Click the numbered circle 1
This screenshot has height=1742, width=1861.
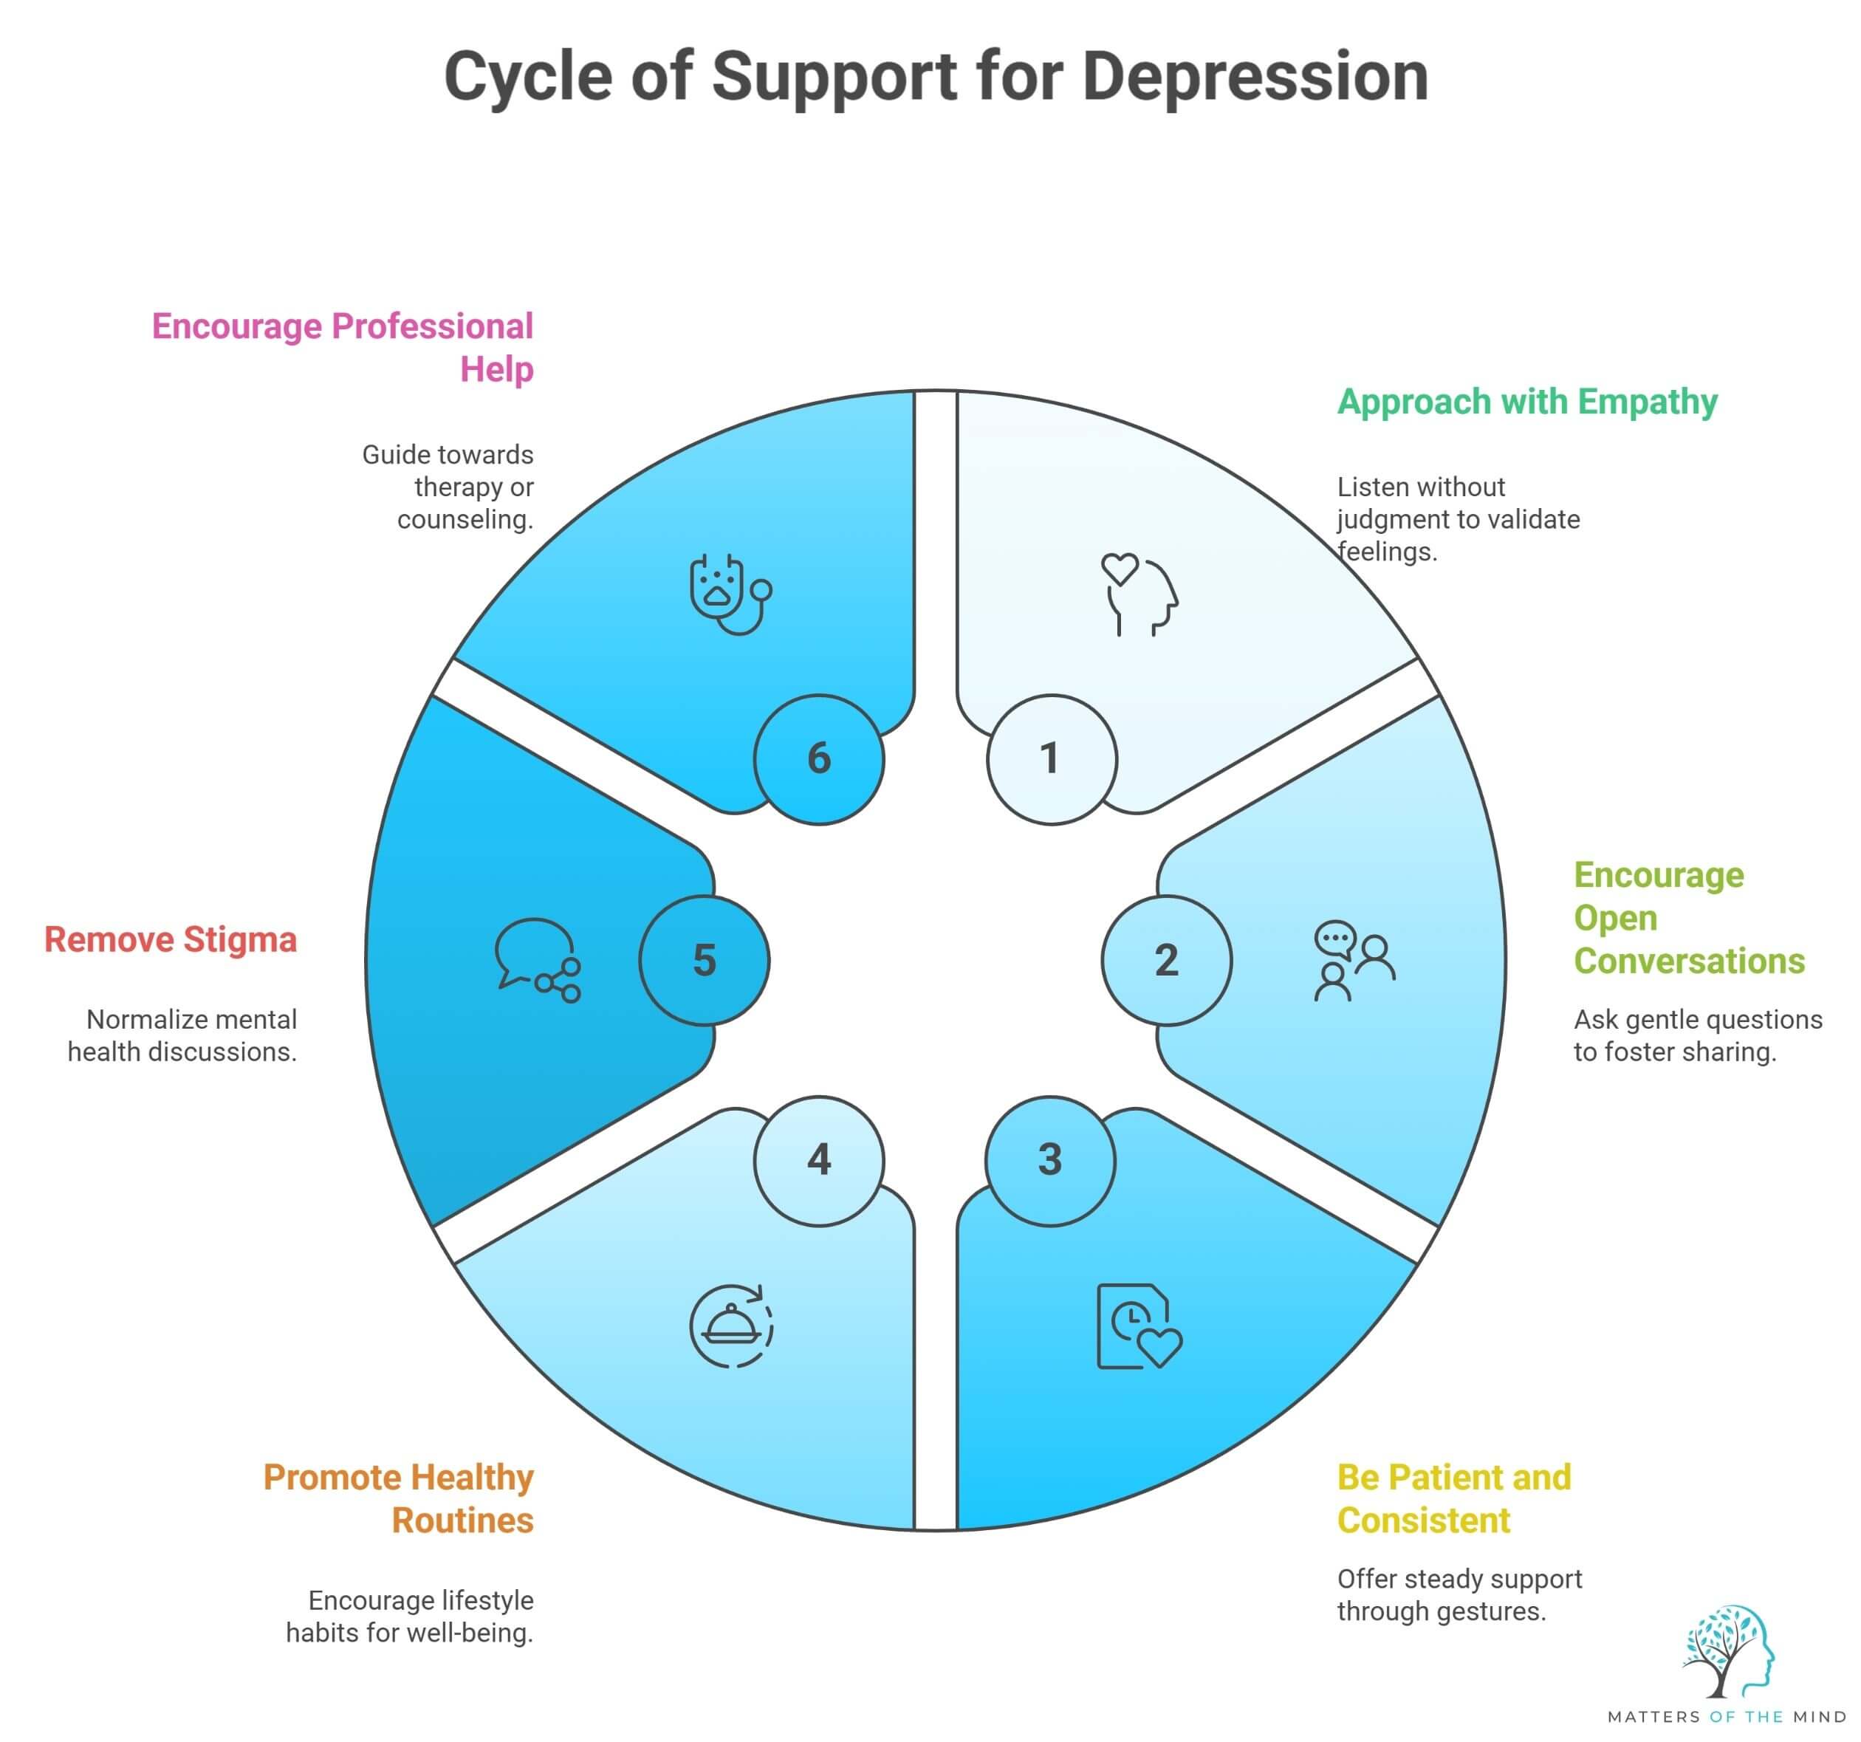click(1052, 759)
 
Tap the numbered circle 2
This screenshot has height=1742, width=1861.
click(1166, 961)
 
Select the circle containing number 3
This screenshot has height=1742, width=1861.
click(1050, 1161)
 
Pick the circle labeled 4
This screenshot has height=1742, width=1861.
click(819, 1161)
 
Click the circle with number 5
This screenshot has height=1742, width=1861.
click(704, 961)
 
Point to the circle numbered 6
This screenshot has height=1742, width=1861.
click(819, 759)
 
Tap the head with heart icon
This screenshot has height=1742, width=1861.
click(1139, 594)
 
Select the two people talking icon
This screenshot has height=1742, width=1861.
click(1354, 961)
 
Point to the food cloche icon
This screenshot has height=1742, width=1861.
click(731, 1326)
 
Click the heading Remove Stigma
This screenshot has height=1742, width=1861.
click(171, 940)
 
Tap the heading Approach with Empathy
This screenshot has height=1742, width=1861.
click(1526, 402)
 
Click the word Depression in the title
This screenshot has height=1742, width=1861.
click(1255, 77)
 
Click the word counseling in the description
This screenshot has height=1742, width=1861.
click(465, 520)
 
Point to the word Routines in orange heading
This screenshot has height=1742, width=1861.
click(462, 1521)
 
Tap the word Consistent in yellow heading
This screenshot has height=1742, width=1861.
click(1423, 1521)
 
